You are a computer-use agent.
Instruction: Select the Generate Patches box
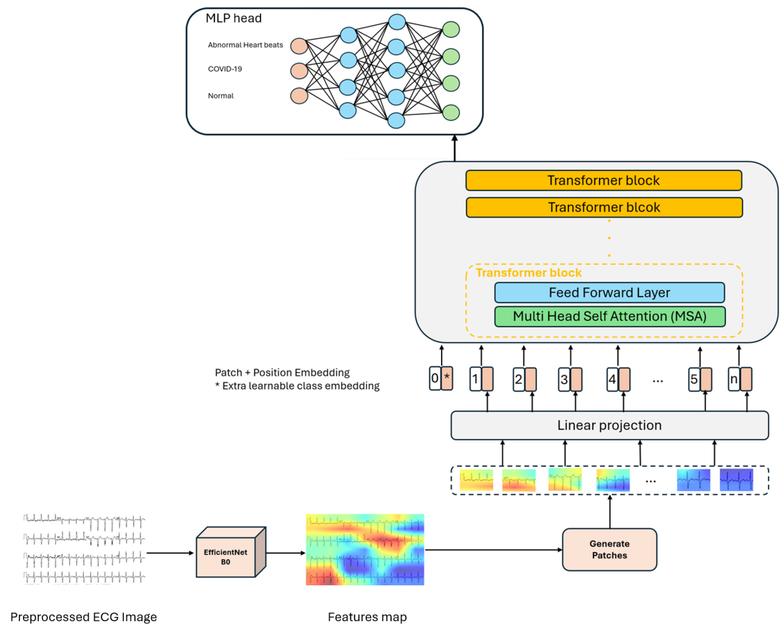pyautogui.click(x=609, y=549)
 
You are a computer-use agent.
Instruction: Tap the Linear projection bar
pyautogui.click(x=609, y=425)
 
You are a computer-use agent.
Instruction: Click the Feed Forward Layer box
pyautogui.click(x=609, y=293)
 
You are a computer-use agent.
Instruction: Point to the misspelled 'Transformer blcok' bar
pyautogui.click(x=604, y=207)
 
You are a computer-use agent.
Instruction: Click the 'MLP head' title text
pyautogui.click(x=234, y=18)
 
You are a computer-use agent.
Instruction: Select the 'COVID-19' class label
pyautogui.click(x=225, y=69)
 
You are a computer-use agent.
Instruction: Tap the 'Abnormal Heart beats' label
pyautogui.click(x=245, y=45)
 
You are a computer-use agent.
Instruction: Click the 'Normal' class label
pyautogui.click(x=220, y=96)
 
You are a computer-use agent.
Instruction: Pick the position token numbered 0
pyautogui.click(x=435, y=378)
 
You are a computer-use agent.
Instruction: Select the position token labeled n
pyautogui.click(x=734, y=379)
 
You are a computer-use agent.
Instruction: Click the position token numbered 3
pyautogui.click(x=564, y=379)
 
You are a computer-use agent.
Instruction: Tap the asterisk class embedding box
pyautogui.click(x=447, y=378)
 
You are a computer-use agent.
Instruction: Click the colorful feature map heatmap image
pyautogui.click(x=365, y=549)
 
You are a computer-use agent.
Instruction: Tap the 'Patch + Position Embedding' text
pyautogui.click(x=282, y=372)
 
